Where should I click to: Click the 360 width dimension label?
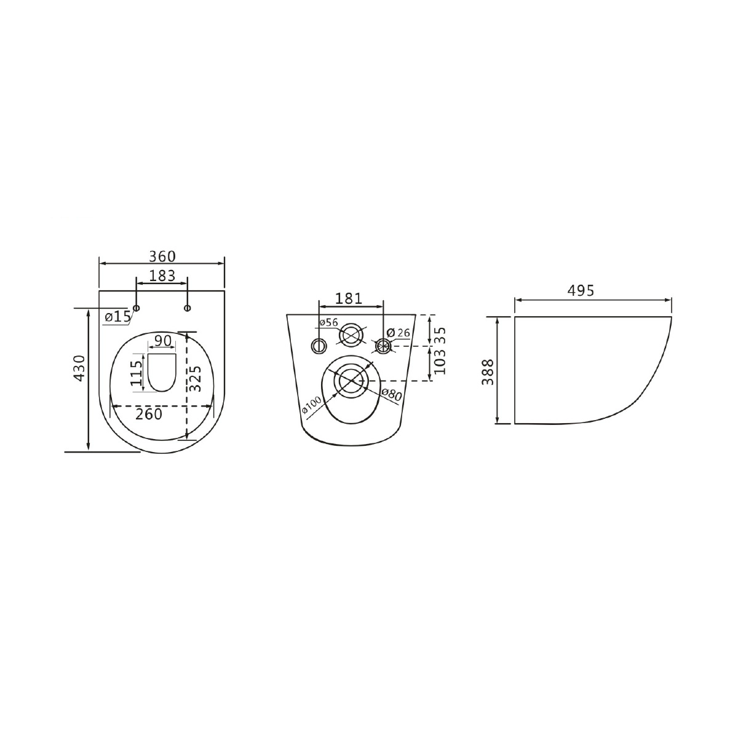coord(162,256)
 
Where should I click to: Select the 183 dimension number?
coord(162,276)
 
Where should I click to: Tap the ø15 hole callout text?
coord(117,317)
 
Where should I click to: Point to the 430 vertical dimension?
coord(79,368)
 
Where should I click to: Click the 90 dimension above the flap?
coord(162,341)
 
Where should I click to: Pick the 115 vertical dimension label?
coord(136,373)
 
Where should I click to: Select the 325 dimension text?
coord(196,379)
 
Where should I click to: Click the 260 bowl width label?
coord(149,414)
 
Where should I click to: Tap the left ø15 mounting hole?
coord(136,308)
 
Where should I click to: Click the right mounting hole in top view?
coord(188,308)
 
